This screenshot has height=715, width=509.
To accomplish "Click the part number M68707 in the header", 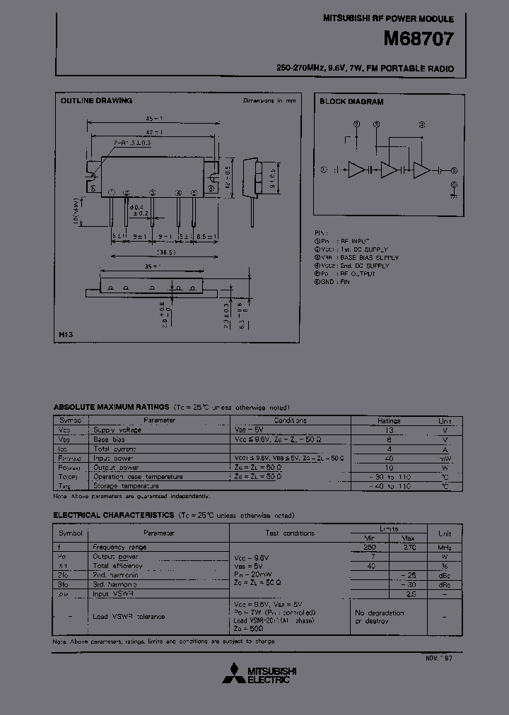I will click(x=418, y=40).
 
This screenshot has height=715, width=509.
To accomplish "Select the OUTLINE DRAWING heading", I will click(x=96, y=101).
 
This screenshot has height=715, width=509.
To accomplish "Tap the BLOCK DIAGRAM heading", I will click(x=351, y=102).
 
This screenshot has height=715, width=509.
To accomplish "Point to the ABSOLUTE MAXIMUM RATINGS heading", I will click(x=111, y=408).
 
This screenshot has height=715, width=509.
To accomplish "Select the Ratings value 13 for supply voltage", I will click(x=388, y=430).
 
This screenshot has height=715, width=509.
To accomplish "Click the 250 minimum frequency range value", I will click(x=370, y=547).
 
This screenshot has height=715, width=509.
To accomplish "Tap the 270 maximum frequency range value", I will click(x=409, y=547).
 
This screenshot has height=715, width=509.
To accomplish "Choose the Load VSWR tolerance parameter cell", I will click(x=129, y=617).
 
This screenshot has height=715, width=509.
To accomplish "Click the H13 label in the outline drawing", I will click(x=66, y=333).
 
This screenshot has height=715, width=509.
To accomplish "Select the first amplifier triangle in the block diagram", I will click(x=357, y=170).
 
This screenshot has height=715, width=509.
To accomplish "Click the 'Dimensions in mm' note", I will click(x=269, y=101).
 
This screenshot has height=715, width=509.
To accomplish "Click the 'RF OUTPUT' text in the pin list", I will click(x=358, y=273).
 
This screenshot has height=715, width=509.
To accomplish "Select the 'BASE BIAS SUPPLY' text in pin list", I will click(x=370, y=258).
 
